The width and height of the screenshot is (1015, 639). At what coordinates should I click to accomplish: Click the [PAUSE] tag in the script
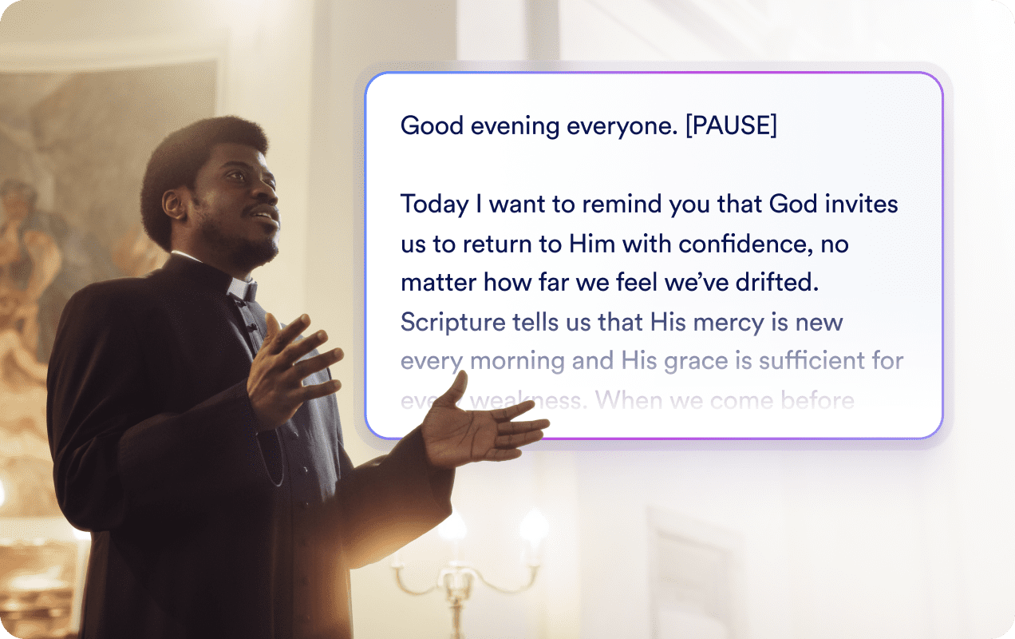click(730, 126)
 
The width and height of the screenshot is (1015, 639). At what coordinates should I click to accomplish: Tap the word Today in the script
click(434, 204)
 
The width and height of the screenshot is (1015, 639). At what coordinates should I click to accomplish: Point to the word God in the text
click(793, 204)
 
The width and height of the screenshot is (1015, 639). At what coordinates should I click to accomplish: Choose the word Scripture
click(453, 322)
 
